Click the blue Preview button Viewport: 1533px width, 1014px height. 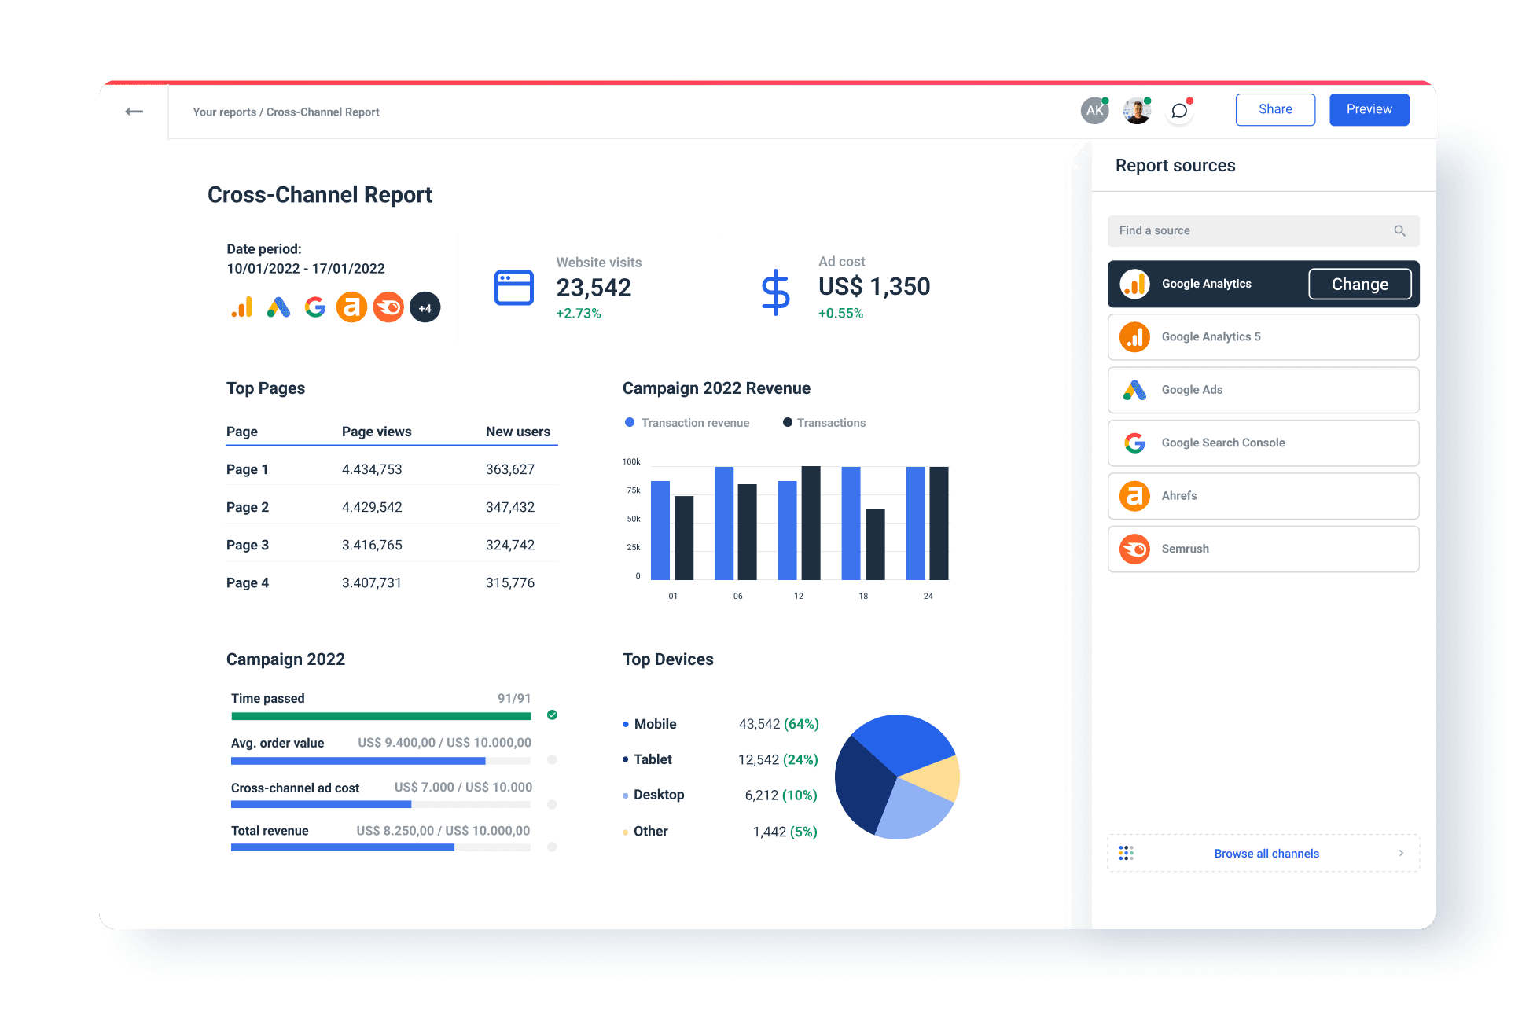(x=1369, y=109)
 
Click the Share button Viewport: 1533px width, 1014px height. (x=1274, y=109)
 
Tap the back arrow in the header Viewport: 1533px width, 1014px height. (x=134, y=112)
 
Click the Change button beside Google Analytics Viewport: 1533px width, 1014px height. (x=1359, y=284)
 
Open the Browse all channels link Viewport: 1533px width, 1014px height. (x=1266, y=854)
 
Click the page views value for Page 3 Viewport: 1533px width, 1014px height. (x=372, y=545)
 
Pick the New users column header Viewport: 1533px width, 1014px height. (x=517, y=432)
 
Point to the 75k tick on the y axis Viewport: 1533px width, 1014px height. (x=633, y=490)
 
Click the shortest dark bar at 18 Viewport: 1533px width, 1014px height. (x=875, y=544)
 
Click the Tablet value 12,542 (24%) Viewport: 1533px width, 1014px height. (x=778, y=759)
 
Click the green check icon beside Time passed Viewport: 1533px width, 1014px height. (x=552, y=715)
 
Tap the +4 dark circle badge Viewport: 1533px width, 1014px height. (x=425, y=308)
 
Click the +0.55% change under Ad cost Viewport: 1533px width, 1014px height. (x=840, y=313)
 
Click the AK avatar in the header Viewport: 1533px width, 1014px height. (x=1094, y=111)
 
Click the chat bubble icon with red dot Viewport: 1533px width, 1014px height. (x=1178, y=111)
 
